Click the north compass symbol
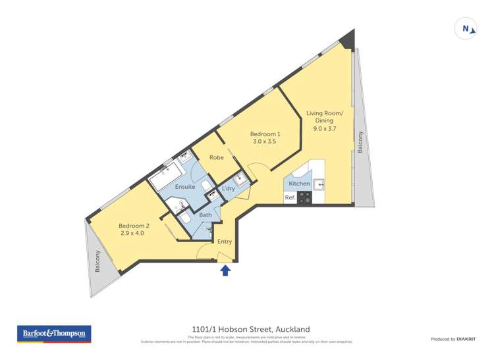[x=466, y=29]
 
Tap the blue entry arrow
[x=225, y=269]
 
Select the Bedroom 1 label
[x=265, y=134]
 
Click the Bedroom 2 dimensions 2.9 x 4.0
[x=132, y=233]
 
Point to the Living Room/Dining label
[x=324, y=116]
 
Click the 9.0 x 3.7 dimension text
[x=324, y=129]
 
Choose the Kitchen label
[x=299, y=184]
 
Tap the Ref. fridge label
[x=290, y=197]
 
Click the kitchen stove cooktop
[x=305, y=197]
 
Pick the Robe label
[x=216, y=157]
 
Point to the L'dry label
[x=228, y=189]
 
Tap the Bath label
[x=206, y=215]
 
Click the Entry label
[x=225, y=242]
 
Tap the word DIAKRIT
[x=466, y=339]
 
